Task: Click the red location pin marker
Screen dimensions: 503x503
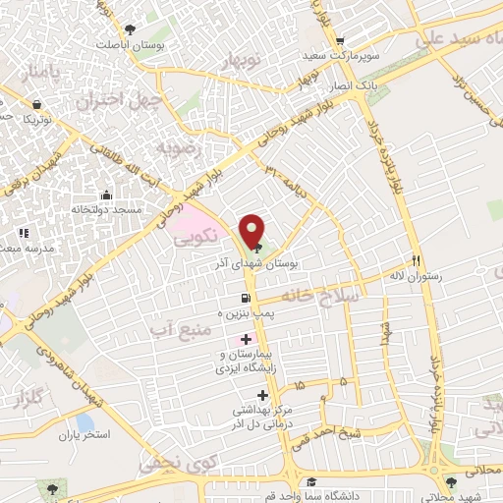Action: pos(251,232)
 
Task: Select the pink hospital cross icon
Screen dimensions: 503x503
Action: pos(245,338)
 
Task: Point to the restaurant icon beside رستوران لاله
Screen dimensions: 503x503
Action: pos(417,262)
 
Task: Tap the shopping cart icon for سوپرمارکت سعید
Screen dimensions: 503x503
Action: pos(340,40)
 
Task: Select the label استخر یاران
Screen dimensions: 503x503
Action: pos(84,433)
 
